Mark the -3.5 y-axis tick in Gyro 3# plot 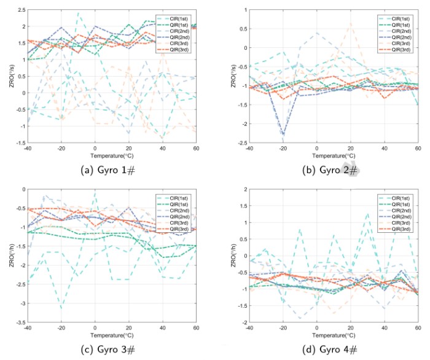[x=17, y=323]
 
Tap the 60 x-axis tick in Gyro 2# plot [x=418, y=149]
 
